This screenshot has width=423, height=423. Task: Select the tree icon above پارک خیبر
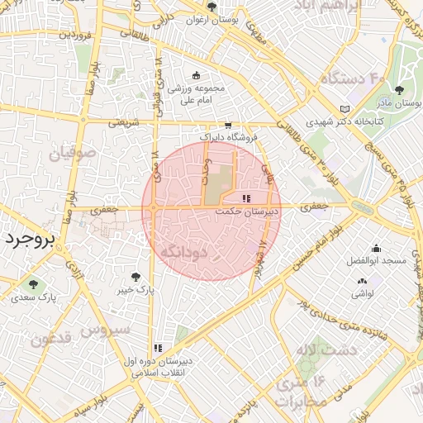[x=135, y=277]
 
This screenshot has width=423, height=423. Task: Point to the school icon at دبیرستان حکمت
[x=246, y=198]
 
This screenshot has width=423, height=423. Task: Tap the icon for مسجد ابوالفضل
[x=376, y=248]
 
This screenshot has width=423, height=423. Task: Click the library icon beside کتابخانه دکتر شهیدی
[x=345, y=109]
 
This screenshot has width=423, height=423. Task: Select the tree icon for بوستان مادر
[x=400, y=90]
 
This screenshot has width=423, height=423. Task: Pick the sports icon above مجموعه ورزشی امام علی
[x=196, y=75]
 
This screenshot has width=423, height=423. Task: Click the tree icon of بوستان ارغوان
[x=212, y=7]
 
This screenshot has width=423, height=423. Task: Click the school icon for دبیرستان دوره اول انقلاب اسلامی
[x=158, y=348]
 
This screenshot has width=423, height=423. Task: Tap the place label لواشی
[x=363, y=293]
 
